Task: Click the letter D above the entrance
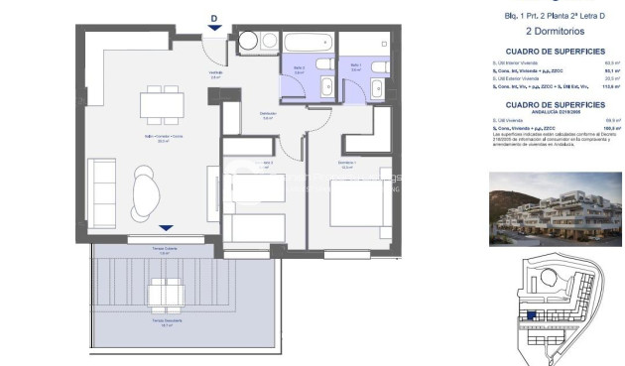[214, 17]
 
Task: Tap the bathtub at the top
[309, 43]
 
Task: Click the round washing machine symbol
[248, 44]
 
